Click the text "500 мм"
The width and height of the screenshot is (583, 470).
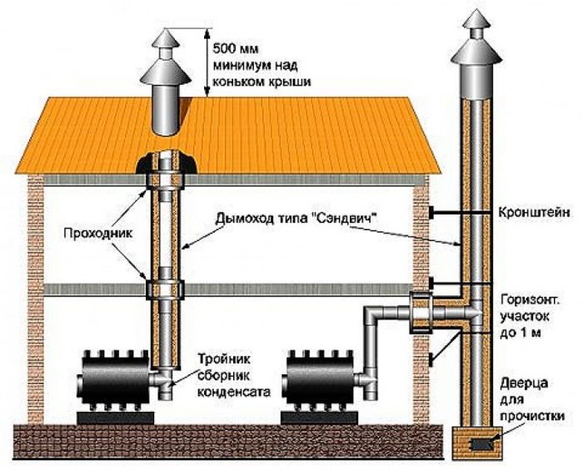pos(236,49)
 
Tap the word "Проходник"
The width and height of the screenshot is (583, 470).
pos(98,234)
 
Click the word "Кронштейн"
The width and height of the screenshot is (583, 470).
pos(534,213)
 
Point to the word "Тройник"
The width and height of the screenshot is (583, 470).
pos(223,359)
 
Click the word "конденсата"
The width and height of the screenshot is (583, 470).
pos(233,392)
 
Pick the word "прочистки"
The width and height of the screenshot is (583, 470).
pos(532,415)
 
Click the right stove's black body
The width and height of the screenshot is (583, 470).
pos(319,378)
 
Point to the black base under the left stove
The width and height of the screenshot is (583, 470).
pos(115,418)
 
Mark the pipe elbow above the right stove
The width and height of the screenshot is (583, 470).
pos(372,314)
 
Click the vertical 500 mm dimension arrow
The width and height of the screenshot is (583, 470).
pos(205,63)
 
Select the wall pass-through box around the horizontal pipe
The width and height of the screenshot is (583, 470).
pos(421,312)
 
